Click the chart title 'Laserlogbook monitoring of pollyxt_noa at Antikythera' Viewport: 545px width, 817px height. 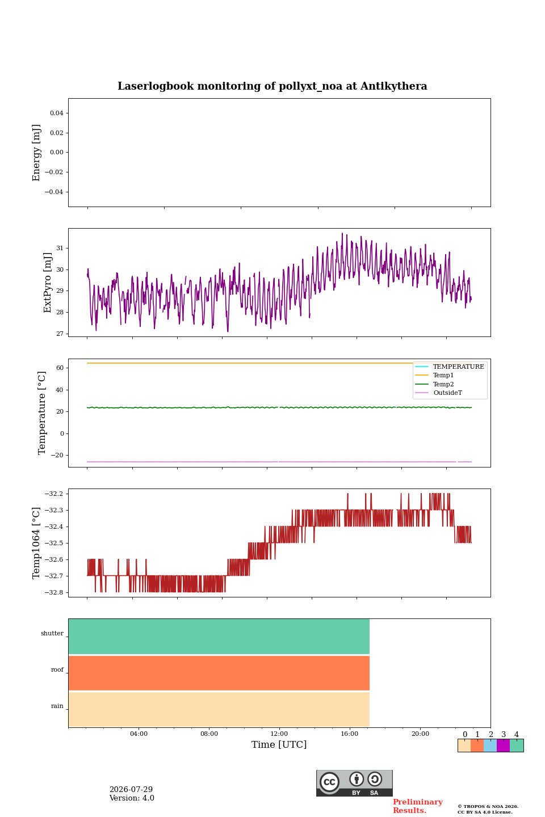click(272, 86)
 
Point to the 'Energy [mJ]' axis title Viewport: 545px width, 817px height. click(36, 153)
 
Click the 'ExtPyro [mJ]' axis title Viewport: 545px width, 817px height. click(47, 283)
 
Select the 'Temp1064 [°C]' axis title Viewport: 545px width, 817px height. click(36, 543)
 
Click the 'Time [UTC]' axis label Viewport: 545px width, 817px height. click(279, 744)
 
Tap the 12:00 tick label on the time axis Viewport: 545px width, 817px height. click(279, 734)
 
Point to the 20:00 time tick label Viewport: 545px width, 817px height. click(420, 734)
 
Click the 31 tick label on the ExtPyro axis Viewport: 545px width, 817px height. click(60, 248)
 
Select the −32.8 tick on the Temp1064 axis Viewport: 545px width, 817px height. click(54, 592)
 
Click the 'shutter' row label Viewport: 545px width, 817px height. click(52, 633)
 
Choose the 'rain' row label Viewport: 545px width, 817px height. click(57, 706)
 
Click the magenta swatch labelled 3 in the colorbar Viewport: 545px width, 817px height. click(503, 746)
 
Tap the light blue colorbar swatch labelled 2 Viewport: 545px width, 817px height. click(491, 746)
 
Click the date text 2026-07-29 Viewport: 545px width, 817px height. click(131, 789)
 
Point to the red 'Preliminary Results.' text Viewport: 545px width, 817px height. click(418, 806)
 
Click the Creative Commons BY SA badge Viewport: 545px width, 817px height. click(354, 783)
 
